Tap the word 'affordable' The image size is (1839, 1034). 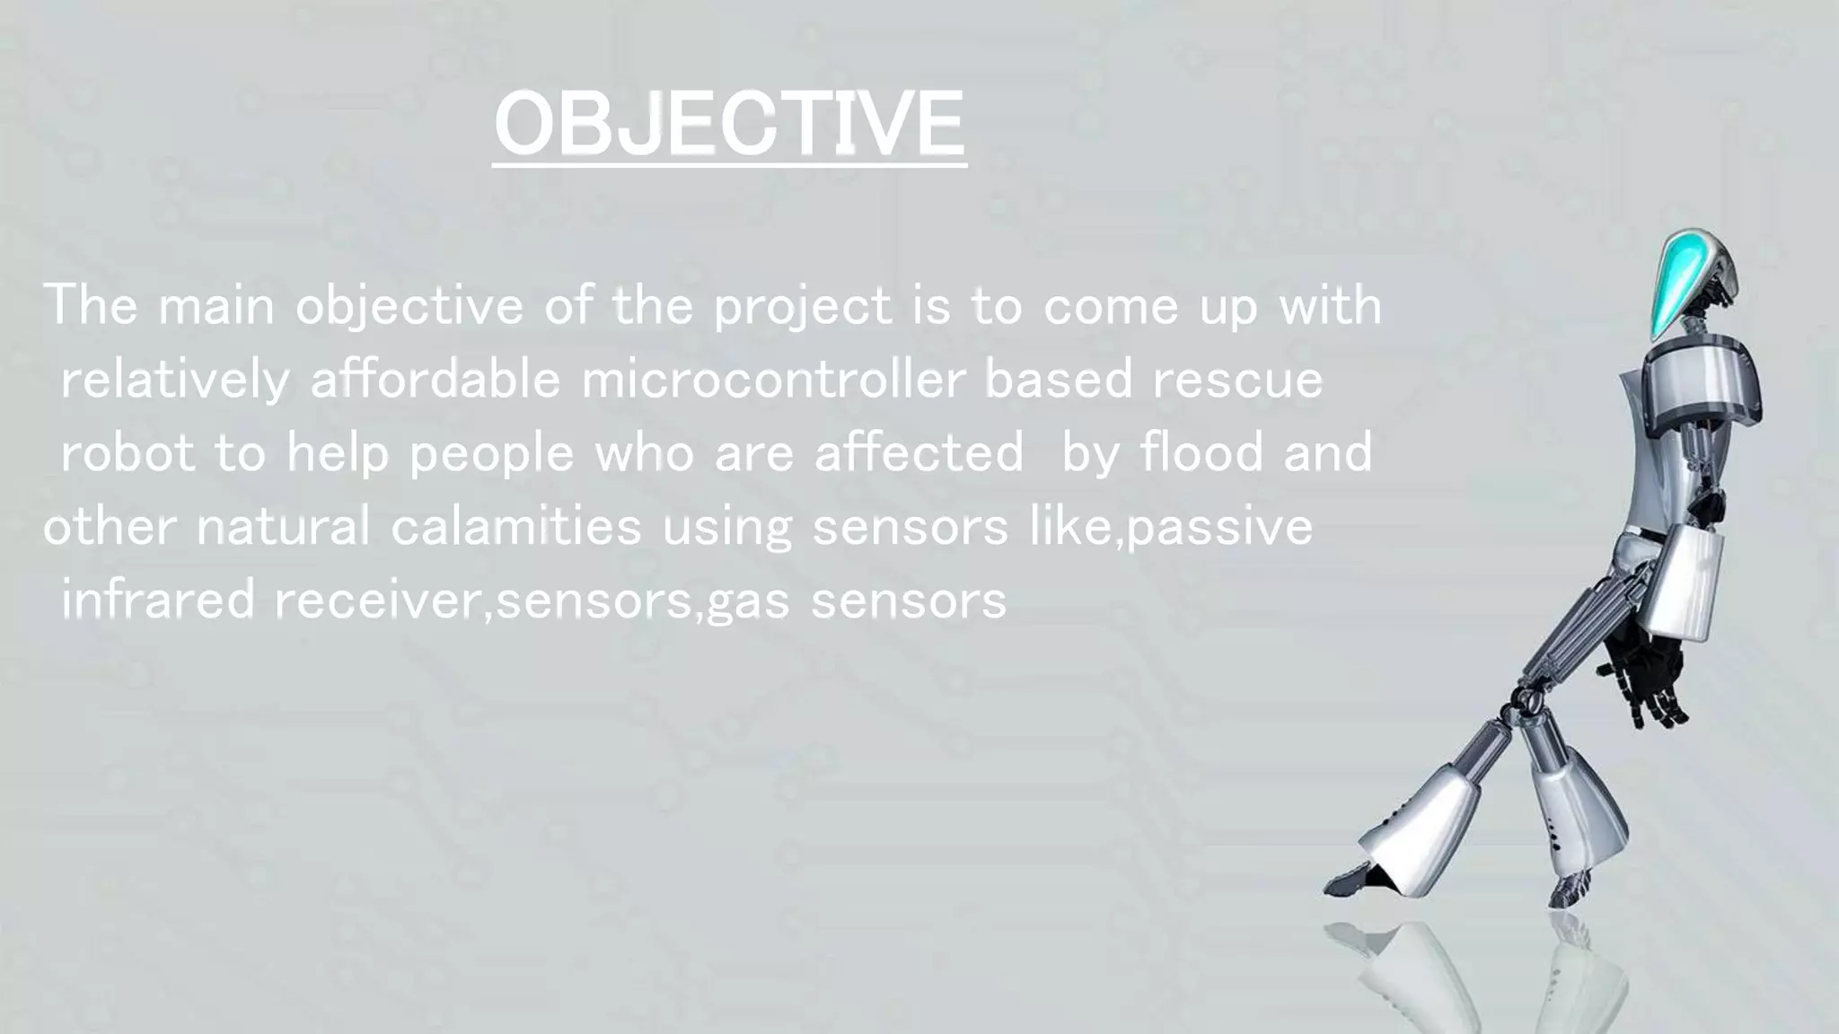(x=435, y=380)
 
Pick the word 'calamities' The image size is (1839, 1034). (x=515, y=526)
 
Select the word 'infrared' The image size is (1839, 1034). (x=158, y=600)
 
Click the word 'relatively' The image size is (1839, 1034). (x=175, y=380)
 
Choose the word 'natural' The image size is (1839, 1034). (x=283, y=526)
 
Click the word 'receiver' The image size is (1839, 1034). (x=379, y=600)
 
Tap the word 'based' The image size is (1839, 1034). (x=1059, y=380)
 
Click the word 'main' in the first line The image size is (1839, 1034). (x=216, y=307)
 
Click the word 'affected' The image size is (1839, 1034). (x=919, y=452)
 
